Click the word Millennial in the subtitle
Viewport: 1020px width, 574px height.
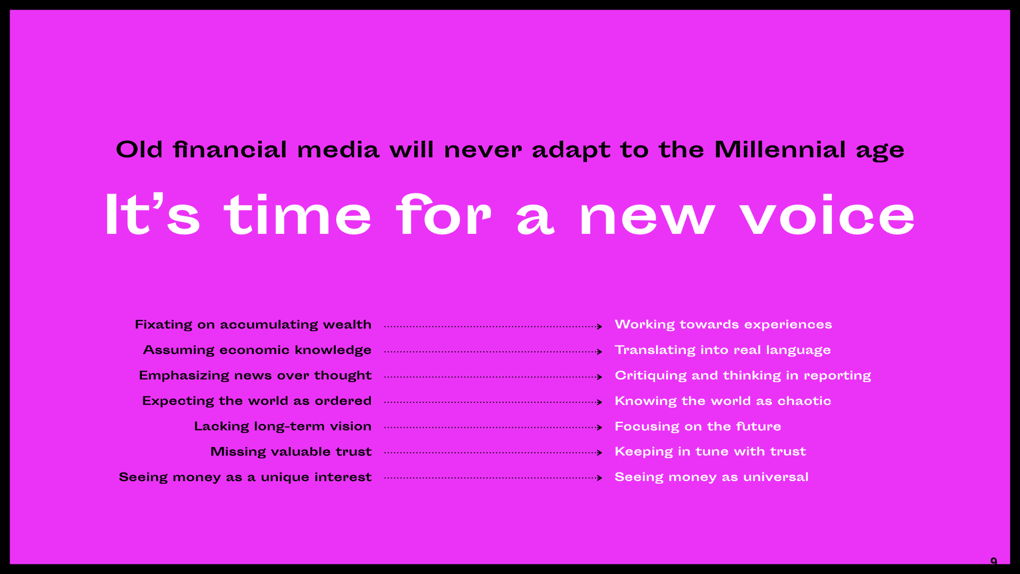780,149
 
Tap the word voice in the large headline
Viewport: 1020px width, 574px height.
828,215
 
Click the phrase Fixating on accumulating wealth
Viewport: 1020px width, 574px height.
253,325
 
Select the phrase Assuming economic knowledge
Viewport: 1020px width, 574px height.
258,350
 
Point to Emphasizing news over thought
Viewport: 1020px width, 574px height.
256,376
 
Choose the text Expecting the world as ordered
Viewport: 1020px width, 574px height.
257,401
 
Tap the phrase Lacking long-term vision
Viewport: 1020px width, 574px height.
283,427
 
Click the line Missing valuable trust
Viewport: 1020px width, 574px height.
291,452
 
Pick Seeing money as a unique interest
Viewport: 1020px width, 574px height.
245,477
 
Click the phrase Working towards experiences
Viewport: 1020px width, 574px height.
724,325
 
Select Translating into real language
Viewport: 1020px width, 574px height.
723,350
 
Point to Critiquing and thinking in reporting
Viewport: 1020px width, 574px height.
743,376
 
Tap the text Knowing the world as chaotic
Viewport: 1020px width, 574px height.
723,401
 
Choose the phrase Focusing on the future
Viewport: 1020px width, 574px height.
698,427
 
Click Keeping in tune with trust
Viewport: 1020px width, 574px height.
711,452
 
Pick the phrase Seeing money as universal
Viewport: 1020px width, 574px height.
712,477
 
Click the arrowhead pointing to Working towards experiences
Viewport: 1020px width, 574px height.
600,326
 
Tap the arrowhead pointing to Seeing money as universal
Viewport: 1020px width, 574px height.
600,478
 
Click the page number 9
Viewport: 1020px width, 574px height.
994,561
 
